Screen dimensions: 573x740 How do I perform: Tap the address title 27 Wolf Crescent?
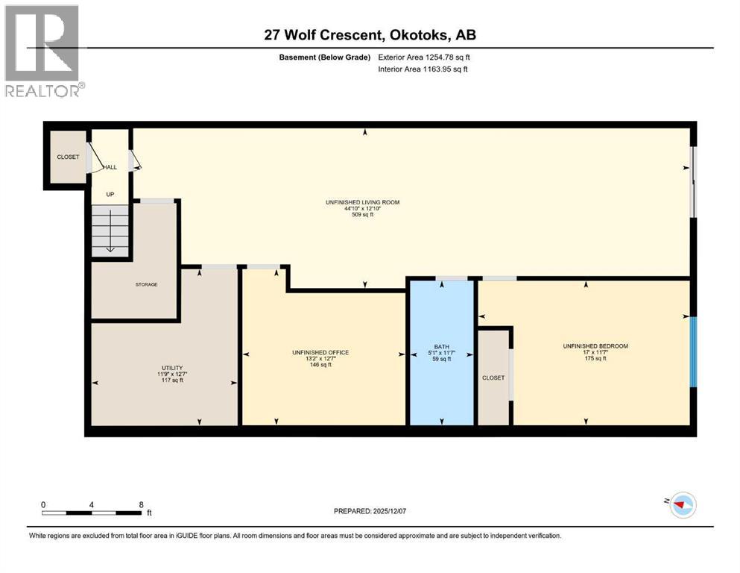point(370,34)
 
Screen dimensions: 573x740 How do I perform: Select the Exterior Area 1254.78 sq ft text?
point(424,57)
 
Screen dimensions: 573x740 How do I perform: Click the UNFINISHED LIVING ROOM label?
point(357,202)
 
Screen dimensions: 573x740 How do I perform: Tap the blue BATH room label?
point(442,346)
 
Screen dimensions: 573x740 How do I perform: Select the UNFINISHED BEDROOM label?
point(595,346)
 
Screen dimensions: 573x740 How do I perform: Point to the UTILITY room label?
point(172,368)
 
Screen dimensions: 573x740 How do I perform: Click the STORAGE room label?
point(146,284)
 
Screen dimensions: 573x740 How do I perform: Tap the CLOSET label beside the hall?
point(68,157)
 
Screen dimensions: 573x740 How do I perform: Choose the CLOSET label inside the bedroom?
point(493,378)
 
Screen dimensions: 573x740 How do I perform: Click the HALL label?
point(110,167)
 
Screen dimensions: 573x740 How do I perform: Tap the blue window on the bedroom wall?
point(693,351)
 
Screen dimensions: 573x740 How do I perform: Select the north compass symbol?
point(681,505)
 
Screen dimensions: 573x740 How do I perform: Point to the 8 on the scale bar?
point(142,504)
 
